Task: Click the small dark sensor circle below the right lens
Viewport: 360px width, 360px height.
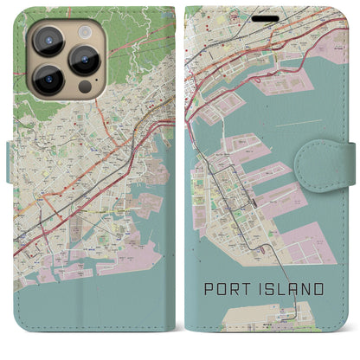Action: click(84, 87)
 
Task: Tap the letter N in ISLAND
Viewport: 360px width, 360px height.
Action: click(308, 287)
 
